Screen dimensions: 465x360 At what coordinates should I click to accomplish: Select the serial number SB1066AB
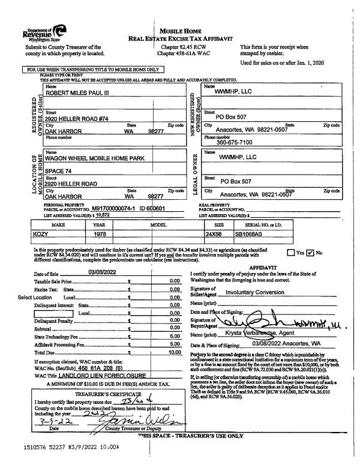(251, 235)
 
